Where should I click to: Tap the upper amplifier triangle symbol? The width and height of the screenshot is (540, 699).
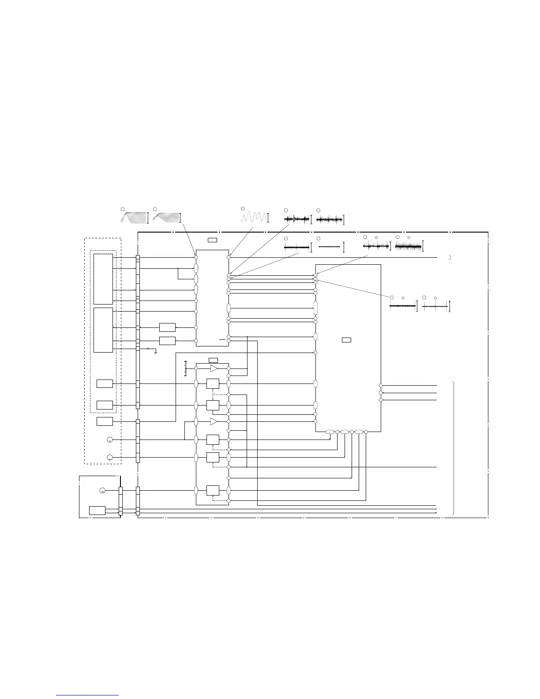[x=214, y=368]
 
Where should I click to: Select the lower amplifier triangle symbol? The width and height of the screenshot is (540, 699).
[x=214, y=421]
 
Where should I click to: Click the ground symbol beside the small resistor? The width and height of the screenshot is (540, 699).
[x=156, y=353]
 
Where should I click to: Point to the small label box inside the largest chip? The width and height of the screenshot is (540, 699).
[x=347, y=340]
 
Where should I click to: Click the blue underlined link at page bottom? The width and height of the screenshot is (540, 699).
[x=88, y=695]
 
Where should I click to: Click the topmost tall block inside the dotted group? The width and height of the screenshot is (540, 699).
[x=103, y=279]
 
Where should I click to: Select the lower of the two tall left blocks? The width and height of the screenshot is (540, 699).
[x=103, y=330]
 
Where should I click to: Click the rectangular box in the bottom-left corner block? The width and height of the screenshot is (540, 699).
[x=97, y=511]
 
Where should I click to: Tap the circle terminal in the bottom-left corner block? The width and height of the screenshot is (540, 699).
[x=102, y=491]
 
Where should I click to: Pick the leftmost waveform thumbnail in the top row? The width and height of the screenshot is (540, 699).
[x=134, y=217]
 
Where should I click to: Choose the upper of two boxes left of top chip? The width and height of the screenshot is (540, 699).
[x=167, y=327]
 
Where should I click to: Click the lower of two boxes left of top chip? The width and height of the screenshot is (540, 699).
[x=167, y=341]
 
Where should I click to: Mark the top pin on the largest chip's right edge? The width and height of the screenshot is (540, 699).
[x=381, y=385]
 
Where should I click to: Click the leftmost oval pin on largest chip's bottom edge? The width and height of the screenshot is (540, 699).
[x=330, y=432]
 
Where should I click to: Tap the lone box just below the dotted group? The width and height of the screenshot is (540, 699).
[x=105, y=421]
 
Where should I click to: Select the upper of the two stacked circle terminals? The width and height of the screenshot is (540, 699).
[x=110, y=440]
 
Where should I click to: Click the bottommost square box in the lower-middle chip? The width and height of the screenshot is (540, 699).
[x=212, y=490]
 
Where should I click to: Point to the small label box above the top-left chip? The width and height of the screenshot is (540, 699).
[x=212, y=240]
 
